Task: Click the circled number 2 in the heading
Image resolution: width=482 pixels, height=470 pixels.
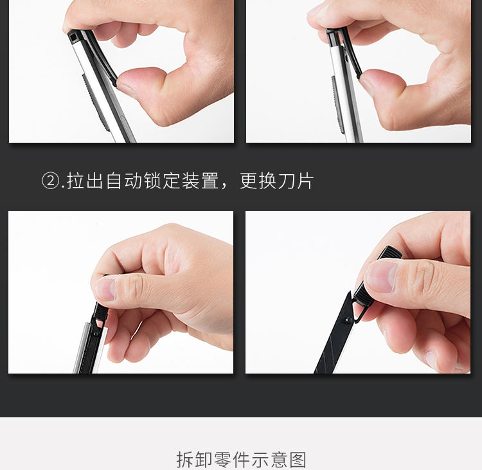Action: [x=50, y=181]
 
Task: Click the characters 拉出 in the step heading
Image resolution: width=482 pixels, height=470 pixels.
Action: [x=85, y=181]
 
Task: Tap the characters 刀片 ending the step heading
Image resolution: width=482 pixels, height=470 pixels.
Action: [x=296, y=181]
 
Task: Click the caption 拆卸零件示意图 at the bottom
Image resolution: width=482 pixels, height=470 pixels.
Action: [x=241, y=460]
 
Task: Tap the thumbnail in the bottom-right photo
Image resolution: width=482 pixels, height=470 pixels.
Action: [x=381, y=277]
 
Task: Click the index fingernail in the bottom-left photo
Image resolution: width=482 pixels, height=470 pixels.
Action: [x=105, y=289]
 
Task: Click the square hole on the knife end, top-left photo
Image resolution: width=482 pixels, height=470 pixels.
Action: [x=73, y=38]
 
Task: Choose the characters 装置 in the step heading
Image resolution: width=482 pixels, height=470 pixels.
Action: [x=201, y=181]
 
